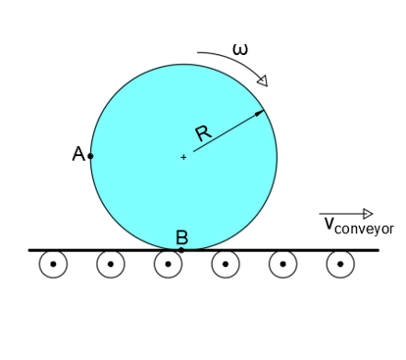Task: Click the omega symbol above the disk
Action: point(240,48)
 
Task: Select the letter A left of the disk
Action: point(78,154)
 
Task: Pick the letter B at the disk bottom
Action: point(181,237)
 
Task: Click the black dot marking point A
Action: point(90,156)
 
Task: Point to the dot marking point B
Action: point(181,250)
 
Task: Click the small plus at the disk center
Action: point(183,157)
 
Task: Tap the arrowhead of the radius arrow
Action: point(261,113)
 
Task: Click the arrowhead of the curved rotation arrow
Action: point(262,80)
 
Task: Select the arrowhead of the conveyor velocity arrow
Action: point(368,214)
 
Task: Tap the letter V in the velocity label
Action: point(330,225)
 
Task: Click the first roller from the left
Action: point(53,264)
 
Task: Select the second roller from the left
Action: point(111,264)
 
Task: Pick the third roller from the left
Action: point(168,264)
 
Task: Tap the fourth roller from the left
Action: point(226,264)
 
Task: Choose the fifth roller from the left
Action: point(282,264)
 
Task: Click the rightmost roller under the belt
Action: point(340,264)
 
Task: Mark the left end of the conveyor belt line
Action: point(29,250)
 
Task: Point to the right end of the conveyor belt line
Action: point(378,250)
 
